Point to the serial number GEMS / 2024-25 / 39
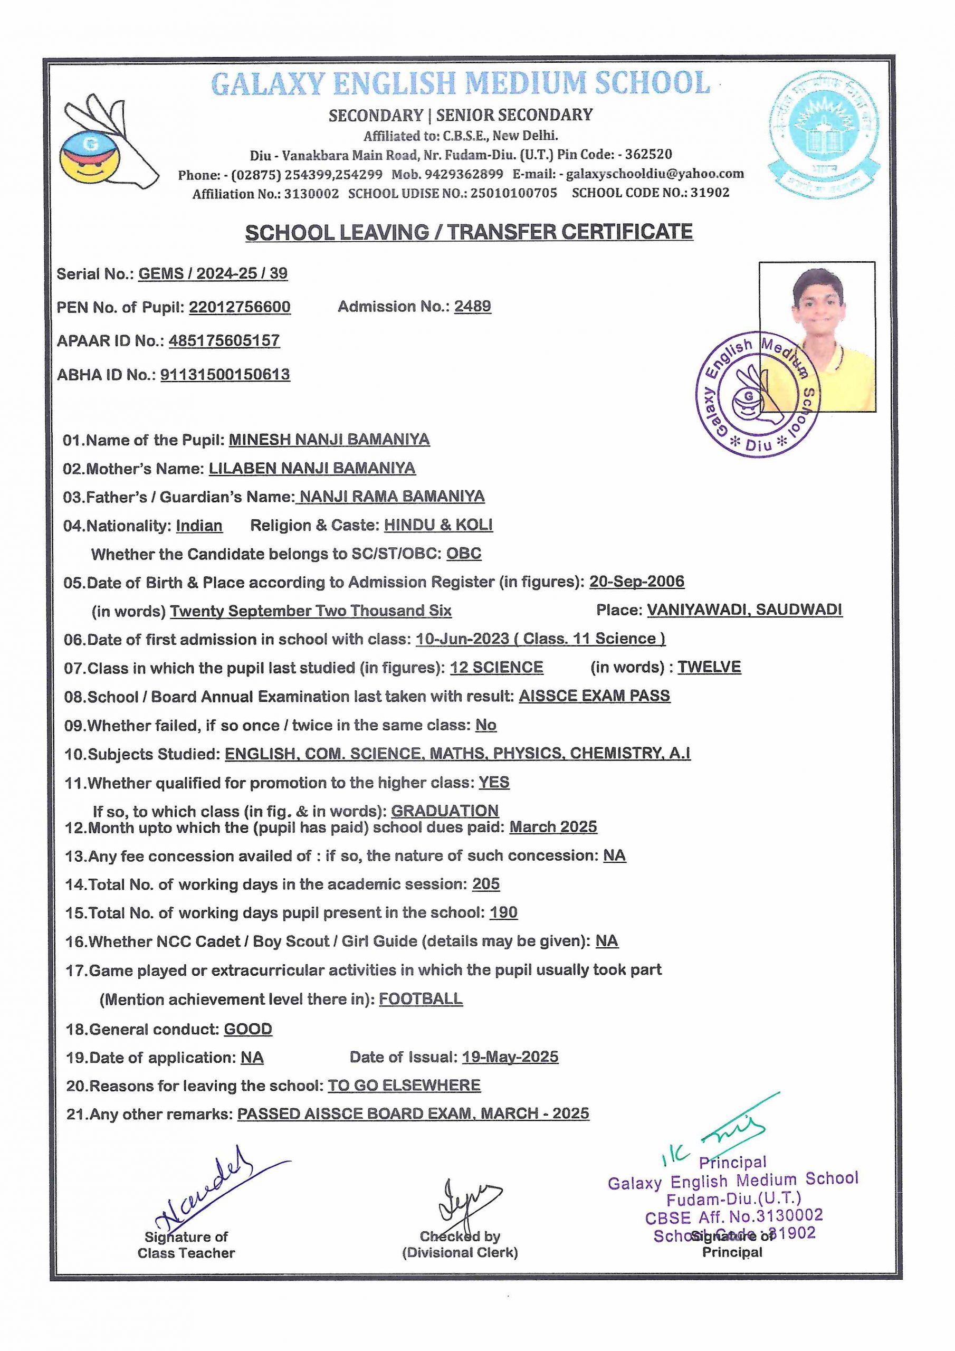(x=213, y=273)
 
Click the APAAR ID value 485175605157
(x=224, y=341)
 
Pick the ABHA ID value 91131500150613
(x=225, y=375)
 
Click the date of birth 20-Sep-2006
(x=637, y=582)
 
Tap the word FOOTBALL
(x=421, y=998)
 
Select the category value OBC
(x=464, y=554)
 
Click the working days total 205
(x=486, y=884)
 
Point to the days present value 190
(x=504, y=912)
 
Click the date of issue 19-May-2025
(x=510, y=1057)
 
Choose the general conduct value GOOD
(x=248, y=1029)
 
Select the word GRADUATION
(x=445, y=811)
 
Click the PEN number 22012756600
(x=240, y=307)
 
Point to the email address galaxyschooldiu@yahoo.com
(x=655, y=174)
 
